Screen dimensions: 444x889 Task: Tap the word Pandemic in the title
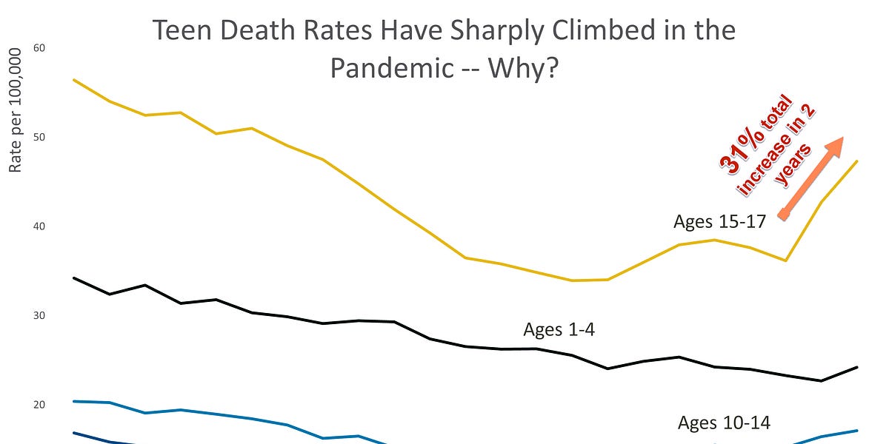(x=390, y=68)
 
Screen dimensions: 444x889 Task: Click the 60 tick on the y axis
(x=39, y=48)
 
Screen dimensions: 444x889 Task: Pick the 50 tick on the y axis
(x=39, y=138)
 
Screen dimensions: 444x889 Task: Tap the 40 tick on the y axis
(x=39, y=226)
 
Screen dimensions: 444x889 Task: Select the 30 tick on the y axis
(x=39, y=316)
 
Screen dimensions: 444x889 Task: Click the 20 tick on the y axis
(x=39, y=405)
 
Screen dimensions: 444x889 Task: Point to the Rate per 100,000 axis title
(x=16, y=111)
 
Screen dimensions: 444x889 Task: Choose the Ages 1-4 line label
(x=559, y=329)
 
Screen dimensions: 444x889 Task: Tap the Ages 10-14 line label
(x=724, y=423)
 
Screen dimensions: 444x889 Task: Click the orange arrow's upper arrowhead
(x=836, y=144)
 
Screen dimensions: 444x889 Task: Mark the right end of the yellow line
(x=857, y=161)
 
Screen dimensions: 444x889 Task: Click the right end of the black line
(x=857, y=367)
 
